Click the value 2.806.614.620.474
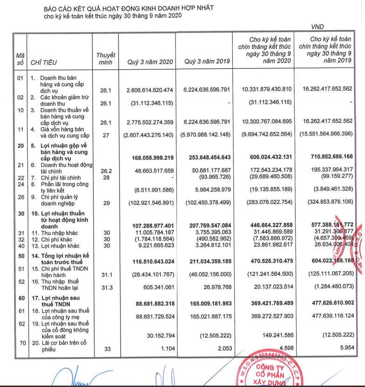(x=146, y=89)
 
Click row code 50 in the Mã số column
(x=20, y=256)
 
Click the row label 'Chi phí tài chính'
(x=56, y=178)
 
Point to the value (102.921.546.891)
(x=147, y=202)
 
